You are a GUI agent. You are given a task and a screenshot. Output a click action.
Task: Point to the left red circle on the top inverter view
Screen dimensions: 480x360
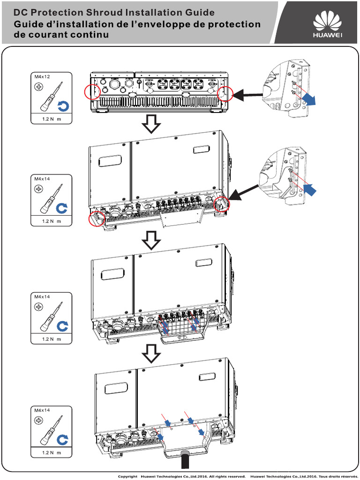click(92, 92)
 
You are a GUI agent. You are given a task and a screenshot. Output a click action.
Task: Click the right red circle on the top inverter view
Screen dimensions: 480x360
click(225, 93)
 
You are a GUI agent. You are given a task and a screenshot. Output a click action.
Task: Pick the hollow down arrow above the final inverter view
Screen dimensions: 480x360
click(151, 354)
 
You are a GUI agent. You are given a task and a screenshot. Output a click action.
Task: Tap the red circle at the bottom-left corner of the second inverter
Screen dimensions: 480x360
click(96, 218)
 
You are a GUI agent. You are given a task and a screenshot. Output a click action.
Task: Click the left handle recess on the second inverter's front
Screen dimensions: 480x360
click(111, 160)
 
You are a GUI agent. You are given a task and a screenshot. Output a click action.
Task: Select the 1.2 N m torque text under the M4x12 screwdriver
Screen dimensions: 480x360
click(52, 120)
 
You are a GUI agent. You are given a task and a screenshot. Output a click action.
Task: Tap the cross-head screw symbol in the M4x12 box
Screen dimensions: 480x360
click(38, 87)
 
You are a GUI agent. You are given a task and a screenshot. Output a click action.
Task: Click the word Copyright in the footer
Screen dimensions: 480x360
click(127, 476)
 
